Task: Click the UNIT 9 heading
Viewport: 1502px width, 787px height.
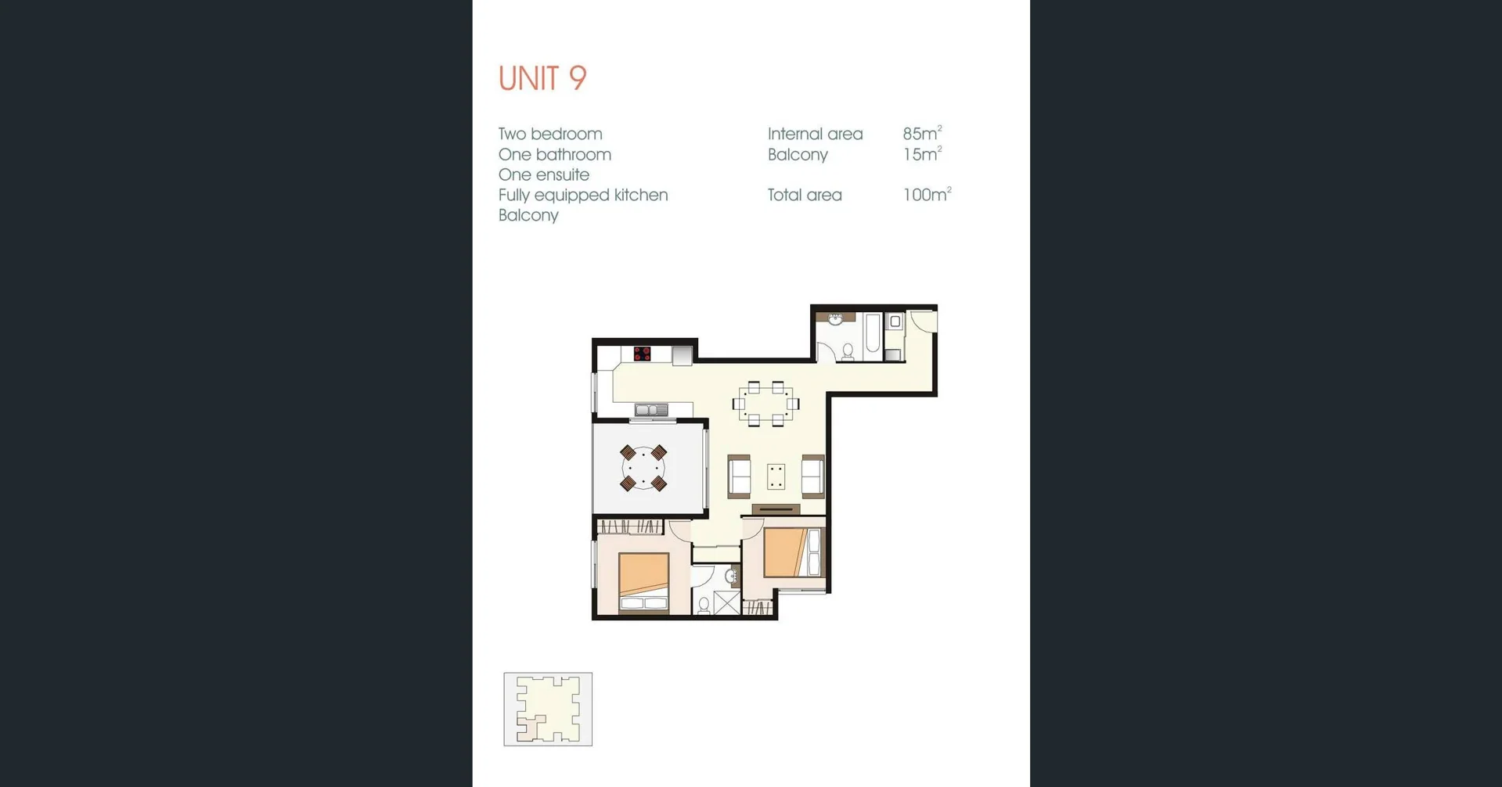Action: point(542,78)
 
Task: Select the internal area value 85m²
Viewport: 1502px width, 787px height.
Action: point(922,133)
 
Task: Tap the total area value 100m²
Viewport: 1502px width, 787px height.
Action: point(927,194)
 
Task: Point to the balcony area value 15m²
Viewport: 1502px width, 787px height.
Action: point(922,153)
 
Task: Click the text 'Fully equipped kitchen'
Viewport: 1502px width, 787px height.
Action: point(583,195)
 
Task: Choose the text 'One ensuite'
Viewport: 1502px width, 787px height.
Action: point(544,174)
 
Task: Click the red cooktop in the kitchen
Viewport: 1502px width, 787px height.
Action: point(643,354)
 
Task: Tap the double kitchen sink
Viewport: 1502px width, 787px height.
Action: point(651,410)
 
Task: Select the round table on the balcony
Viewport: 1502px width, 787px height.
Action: point(643,468)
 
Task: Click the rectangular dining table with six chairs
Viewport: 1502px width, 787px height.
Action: point(765,404)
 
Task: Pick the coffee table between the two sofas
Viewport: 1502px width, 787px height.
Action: point(776,476)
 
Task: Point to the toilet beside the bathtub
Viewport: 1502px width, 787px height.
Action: point(847,351)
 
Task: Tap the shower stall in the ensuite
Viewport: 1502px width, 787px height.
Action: point(726,603)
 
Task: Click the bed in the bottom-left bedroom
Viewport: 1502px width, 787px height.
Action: point(644,582)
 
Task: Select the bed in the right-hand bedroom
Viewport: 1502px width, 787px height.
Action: point(793,552)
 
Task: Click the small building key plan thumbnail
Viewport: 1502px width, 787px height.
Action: point(548,709)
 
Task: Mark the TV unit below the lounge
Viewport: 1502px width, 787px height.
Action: point(776,509)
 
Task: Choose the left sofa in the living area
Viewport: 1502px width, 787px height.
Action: point(739,476)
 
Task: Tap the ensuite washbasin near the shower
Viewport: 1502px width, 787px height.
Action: point(733,577)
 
